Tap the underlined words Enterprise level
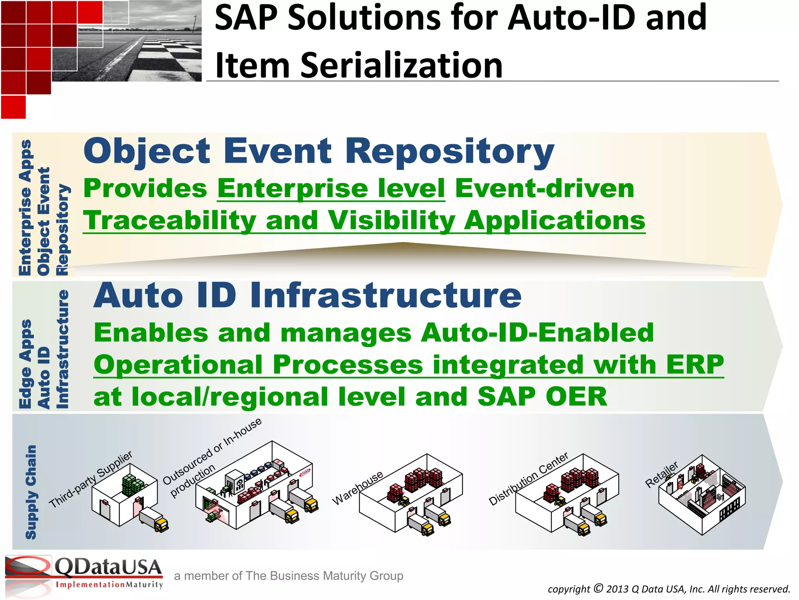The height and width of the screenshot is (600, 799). tap(331, 188)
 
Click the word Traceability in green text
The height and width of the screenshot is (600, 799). tap(170, 220)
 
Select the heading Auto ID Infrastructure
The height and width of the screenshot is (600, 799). tap(307, 295)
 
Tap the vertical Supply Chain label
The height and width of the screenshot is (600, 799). tap(31, 492)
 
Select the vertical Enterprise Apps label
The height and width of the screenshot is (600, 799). tap(25, 207)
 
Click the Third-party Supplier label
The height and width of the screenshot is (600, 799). tap(91, 479)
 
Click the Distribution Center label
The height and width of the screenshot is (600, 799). tap(528, 479)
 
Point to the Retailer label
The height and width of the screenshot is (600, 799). tap(662, 475)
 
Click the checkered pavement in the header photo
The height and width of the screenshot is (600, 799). tap(164, 59)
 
